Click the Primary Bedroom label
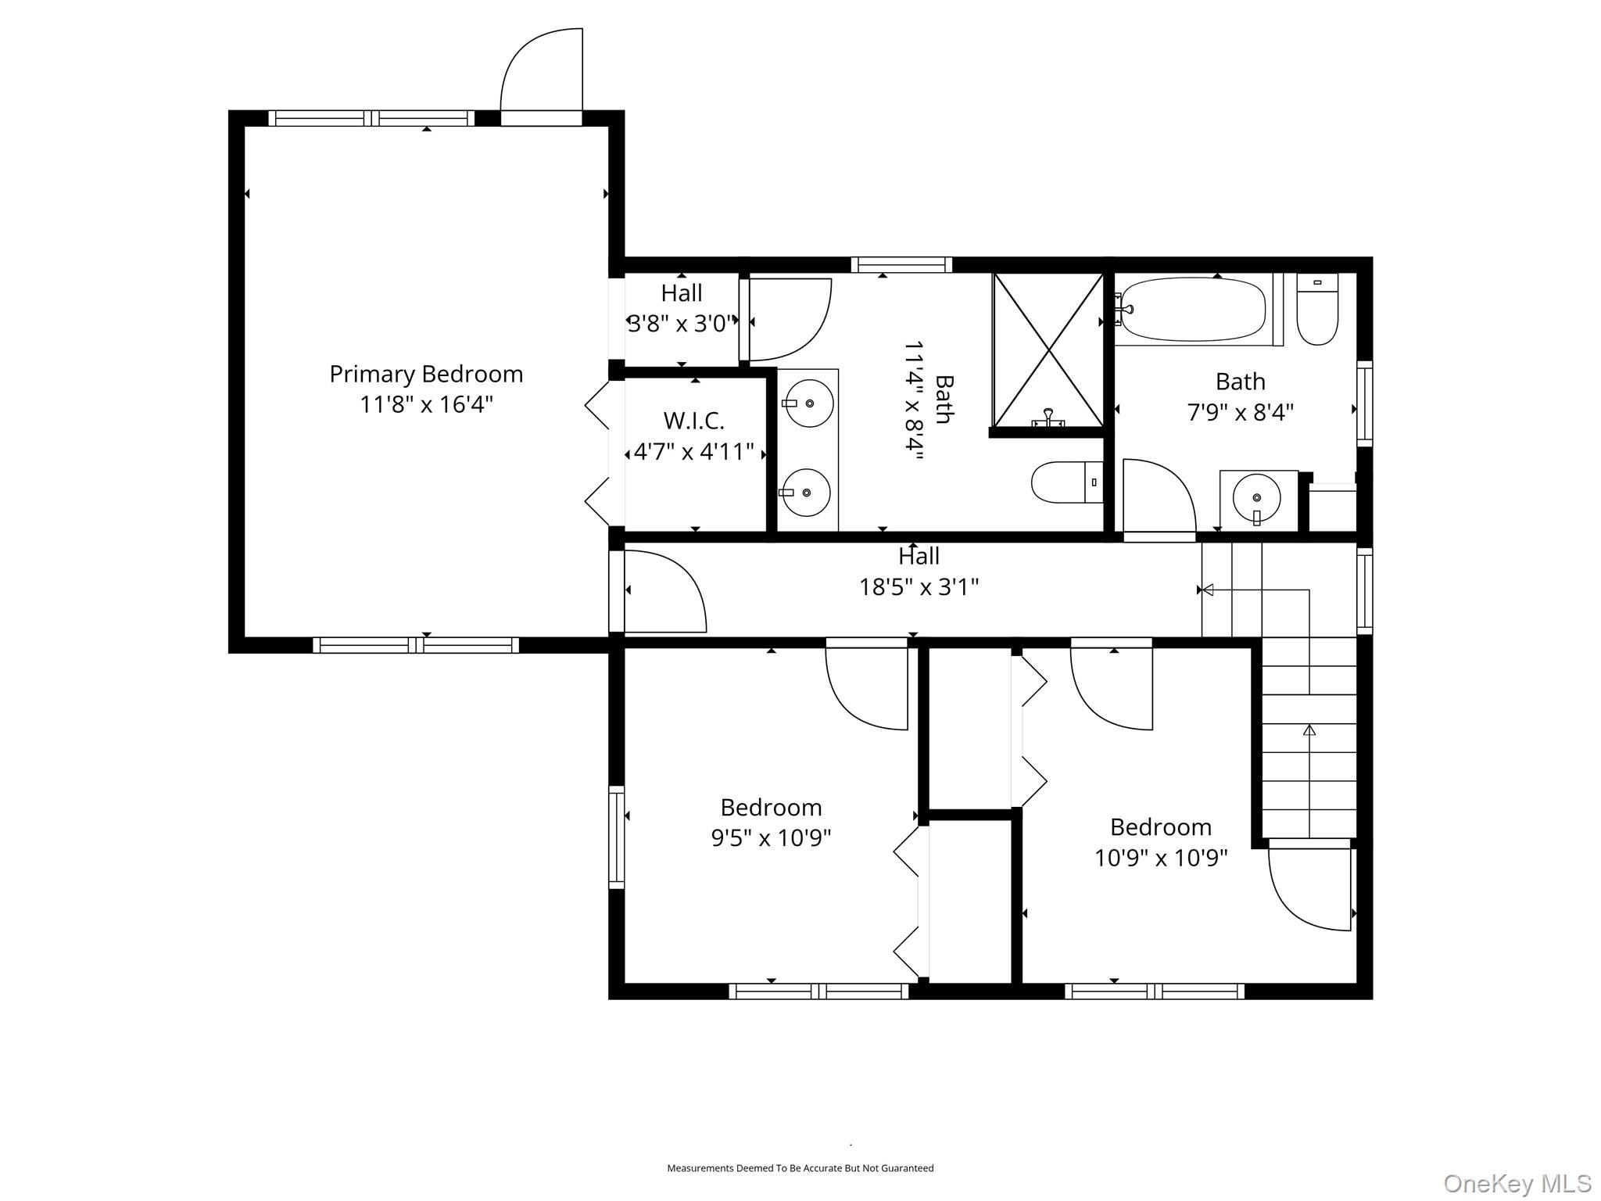(426, 374)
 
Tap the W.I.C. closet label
(693, 421)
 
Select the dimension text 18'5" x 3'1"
(919, 586)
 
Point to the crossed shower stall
(1048, 350)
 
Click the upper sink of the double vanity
(808, 403)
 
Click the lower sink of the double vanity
(807, 493)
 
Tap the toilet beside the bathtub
(1317, 310)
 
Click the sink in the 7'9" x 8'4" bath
(1256, 498)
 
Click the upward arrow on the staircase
(1309, 730)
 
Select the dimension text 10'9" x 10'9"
(1161, 858)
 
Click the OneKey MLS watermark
(1517, 1183)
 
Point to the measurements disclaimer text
(800, 1168)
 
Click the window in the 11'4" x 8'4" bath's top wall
(901, 265)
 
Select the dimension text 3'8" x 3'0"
(682, 324)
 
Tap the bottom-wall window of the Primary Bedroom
(416, 645)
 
